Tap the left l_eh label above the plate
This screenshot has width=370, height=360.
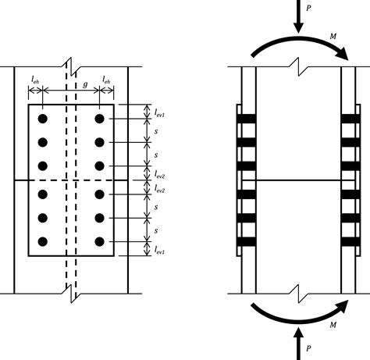tap(36, 80)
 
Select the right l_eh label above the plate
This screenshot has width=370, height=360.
tap(108, 80)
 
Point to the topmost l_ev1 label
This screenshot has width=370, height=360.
tap(159, 112)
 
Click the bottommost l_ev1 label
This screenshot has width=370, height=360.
tap(159, 249)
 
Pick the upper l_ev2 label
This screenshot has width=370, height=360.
tap(159, 173)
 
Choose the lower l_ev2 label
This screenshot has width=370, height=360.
tap(159, 190)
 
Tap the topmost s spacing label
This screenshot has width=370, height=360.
tap(155, 130)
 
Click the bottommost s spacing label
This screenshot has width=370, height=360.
tap(155, 232)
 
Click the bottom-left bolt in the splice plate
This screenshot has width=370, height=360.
tap(44, 242)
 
